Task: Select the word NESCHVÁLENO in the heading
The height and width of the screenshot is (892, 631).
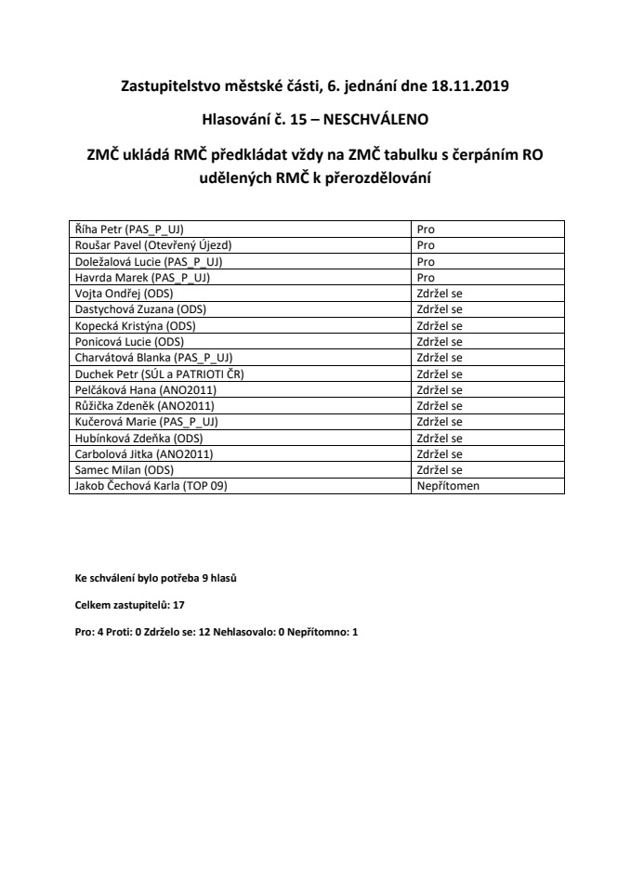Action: click(x=376, y=120)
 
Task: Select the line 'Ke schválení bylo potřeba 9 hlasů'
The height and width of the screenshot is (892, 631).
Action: click(x=156, y=578)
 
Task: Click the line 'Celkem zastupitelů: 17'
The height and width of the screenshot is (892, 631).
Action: click(x=130, y=605)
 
